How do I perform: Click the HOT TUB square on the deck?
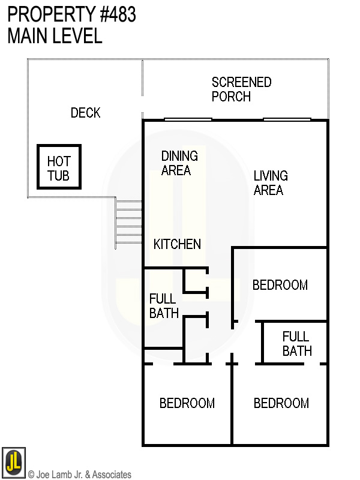59,167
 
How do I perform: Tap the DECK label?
85,113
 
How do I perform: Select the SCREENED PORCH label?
241,89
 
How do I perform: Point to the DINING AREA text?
179,163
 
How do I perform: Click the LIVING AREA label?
270,183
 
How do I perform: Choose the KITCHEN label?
177,244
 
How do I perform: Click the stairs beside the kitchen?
128,224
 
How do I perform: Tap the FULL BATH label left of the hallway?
163,305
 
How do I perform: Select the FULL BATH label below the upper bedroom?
296,344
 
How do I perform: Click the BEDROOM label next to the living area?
280,285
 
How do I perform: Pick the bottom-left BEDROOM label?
187,403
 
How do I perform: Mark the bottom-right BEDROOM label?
281,403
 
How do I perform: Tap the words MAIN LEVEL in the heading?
55,36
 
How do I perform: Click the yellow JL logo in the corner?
13,463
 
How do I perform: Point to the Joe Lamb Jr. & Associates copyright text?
79,475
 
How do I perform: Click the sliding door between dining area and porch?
188,119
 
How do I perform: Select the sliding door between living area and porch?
286,119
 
